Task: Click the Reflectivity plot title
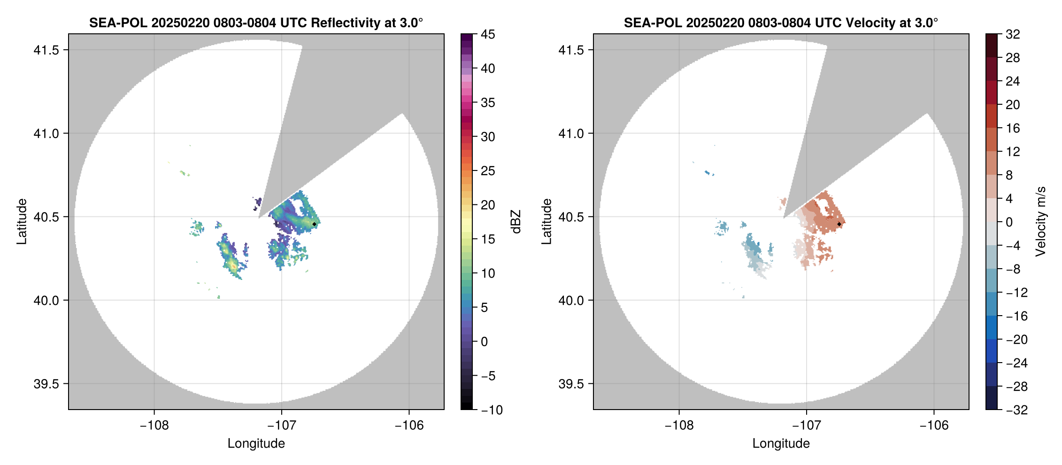256,23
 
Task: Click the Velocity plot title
781,23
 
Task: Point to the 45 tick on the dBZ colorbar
488,34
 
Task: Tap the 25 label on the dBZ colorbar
488,171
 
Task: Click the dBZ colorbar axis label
516,222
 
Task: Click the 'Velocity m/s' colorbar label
1040,221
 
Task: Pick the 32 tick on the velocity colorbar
1013,34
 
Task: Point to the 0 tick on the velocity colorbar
1009,222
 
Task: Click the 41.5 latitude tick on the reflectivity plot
46,50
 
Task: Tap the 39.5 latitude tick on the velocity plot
571,384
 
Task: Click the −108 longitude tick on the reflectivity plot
154,425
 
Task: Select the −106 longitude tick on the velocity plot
934,425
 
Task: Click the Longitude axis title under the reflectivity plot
256,443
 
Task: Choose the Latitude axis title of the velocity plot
546,222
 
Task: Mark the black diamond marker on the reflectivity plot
314,224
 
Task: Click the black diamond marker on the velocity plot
839,224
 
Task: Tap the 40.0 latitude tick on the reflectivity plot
46,300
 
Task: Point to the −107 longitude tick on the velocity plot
807,425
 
